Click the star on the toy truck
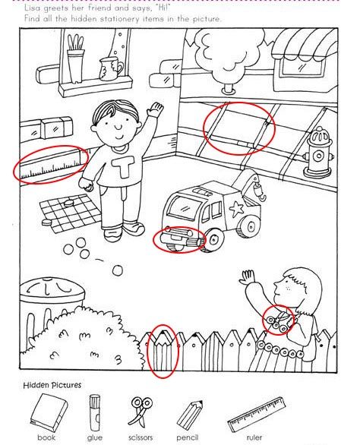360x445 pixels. (x=236, y=208)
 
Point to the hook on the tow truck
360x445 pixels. (x=260, y=191)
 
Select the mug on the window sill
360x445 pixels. (x=112, y=68)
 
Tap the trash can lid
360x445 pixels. (x=52, y=289)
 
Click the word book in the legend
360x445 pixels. (x=46, y=437)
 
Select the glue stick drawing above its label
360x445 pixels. (x=95, y=412)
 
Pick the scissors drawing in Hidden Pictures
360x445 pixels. (x=141, y=411)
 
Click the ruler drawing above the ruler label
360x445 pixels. (x=257, y=415)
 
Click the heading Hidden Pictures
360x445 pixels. (x=52, y=386)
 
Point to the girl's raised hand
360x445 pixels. (x=247, y=277)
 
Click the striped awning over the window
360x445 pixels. (x=304, y=45)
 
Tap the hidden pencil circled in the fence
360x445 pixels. (x=163, y=352)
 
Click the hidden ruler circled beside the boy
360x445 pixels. (x=51, y=166)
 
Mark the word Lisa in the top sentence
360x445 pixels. (x=32, y=8)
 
